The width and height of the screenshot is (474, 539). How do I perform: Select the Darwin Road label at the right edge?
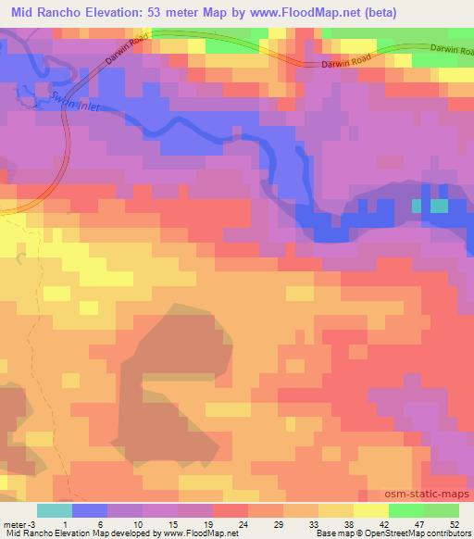pyautogui.click(x=452, y=50)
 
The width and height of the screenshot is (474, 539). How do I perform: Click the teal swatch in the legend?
pyautogui.click(x=55, y=510)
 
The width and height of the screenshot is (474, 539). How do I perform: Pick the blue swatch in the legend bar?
pyautogui.click(x=90, y=510)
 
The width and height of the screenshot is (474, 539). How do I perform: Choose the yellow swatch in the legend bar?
pyautogui.click(x=371, y=510)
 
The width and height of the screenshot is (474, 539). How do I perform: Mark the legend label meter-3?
pyautogui.click(x=19, y=523)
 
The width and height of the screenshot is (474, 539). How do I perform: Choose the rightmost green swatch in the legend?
pyautogui.click(x=442, y=510)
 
